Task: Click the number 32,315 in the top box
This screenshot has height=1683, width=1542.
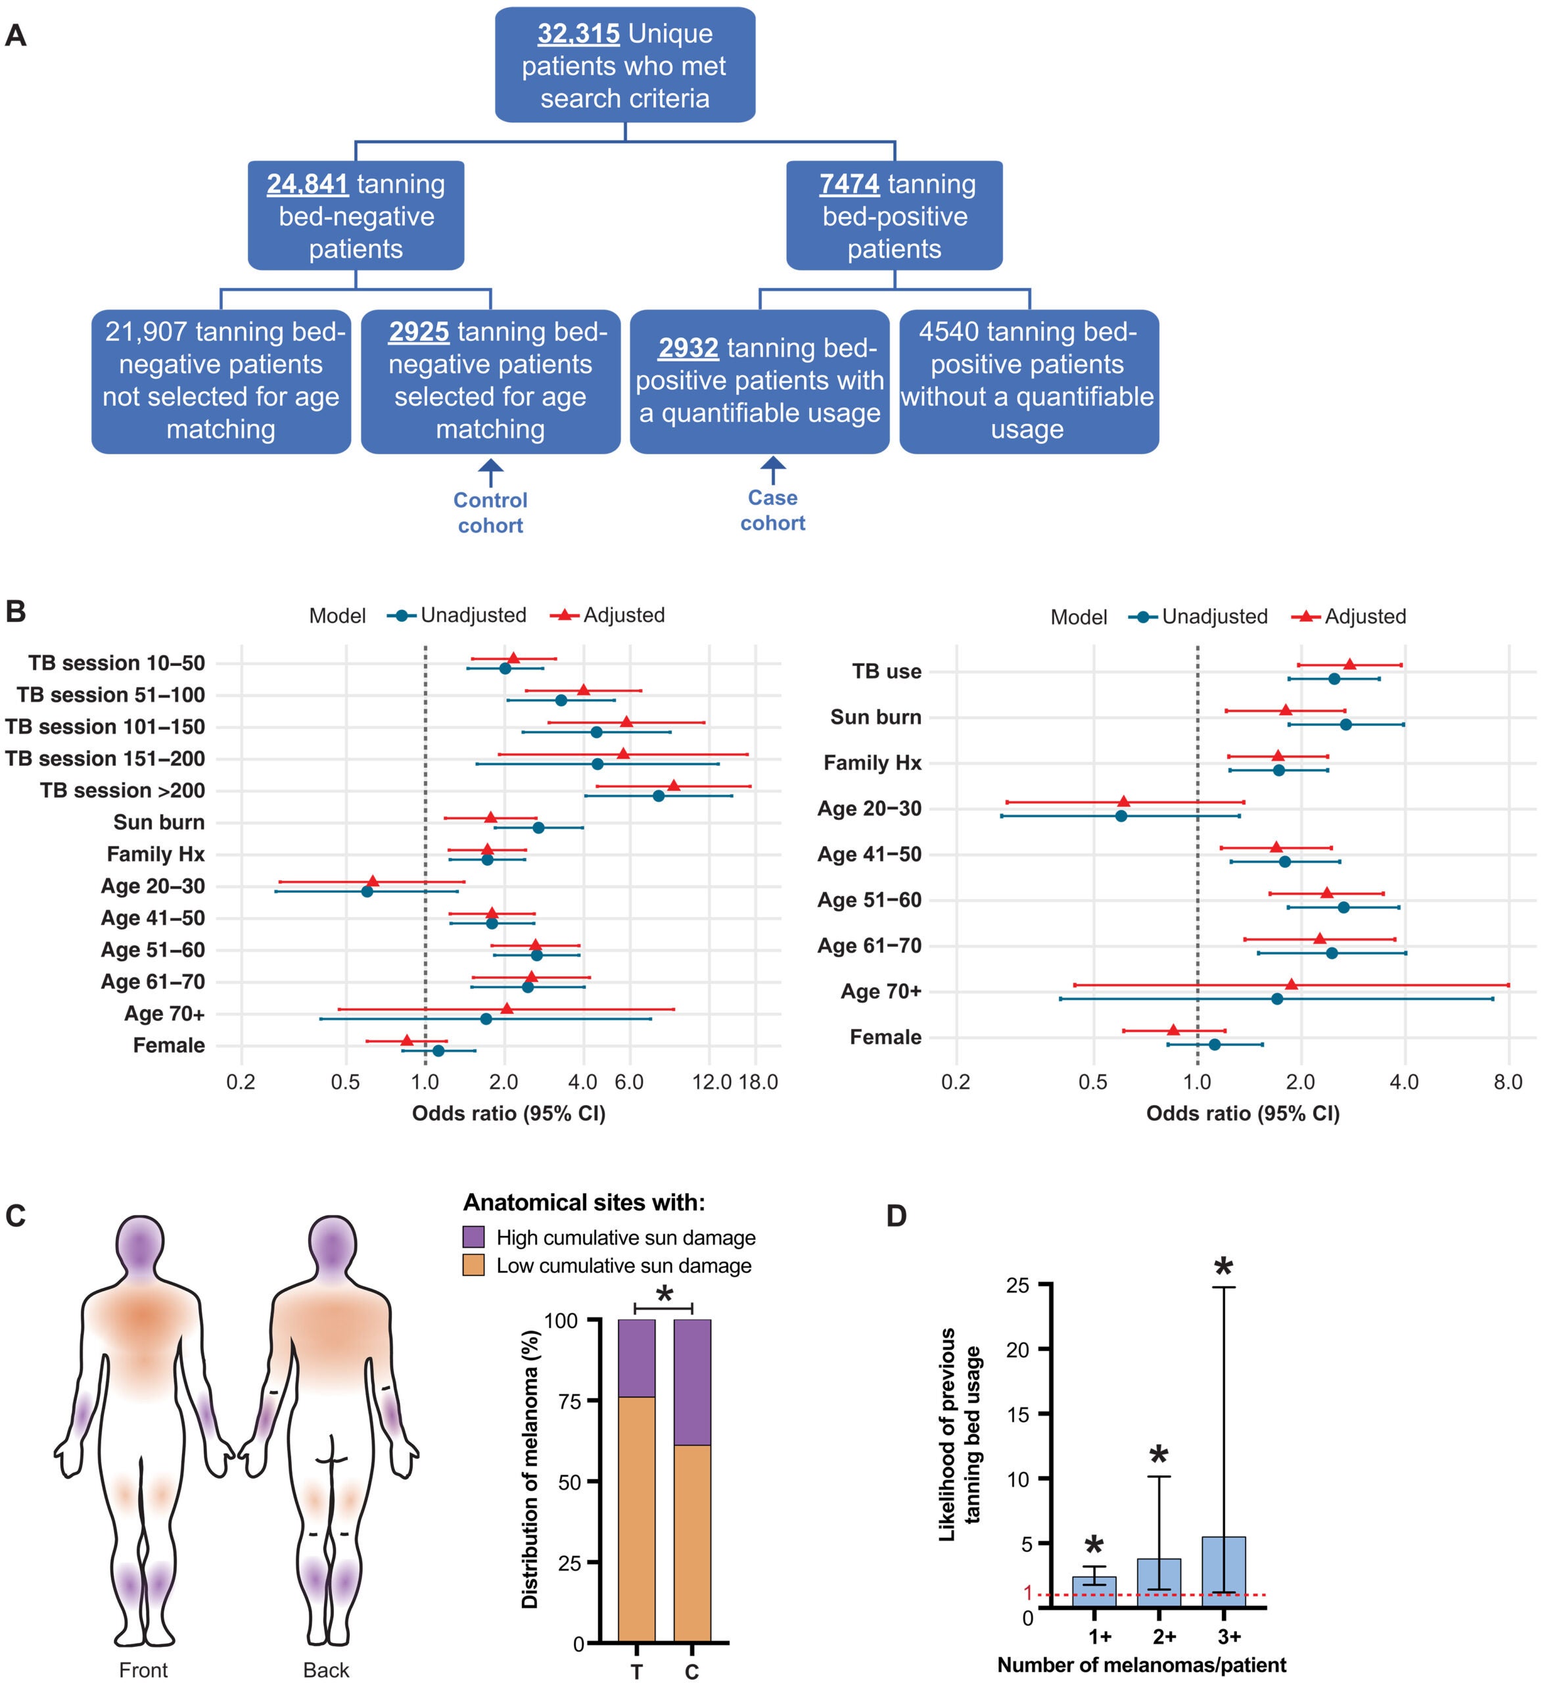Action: click(x=578, y=34)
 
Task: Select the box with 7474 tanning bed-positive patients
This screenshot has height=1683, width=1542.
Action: click(x=894, y=216)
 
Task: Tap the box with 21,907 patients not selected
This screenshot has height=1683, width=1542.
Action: click(x=222, y=381)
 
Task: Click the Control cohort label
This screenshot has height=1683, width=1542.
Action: click(x=490, y=513)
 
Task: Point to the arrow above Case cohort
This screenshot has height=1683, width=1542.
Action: click(x=773, y=470)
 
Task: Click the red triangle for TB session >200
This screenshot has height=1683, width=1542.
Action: click(x=674, y=786)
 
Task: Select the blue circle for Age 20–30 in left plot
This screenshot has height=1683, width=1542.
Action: click(x=367, y=891)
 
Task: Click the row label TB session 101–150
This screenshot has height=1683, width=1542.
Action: click(x=105, y=727)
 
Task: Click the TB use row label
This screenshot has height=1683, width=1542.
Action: click(x=886, y=671)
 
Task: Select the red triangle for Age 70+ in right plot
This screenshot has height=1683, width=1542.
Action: click(x=1292, y=984)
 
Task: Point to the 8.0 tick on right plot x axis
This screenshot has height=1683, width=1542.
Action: click(x=1508, y=1083)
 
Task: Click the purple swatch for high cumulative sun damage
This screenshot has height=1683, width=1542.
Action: click(x=473, y=1237)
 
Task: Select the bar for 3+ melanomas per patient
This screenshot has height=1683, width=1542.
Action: click(x=1223, y=1572)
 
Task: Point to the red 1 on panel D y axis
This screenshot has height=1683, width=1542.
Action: click(x=1028, y=1593)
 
